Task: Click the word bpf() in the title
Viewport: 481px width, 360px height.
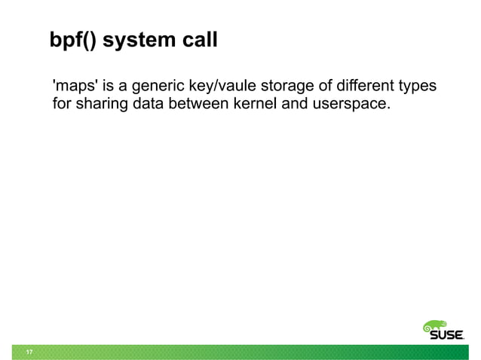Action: point(72,40)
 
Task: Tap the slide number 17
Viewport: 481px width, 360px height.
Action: point(29,352)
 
